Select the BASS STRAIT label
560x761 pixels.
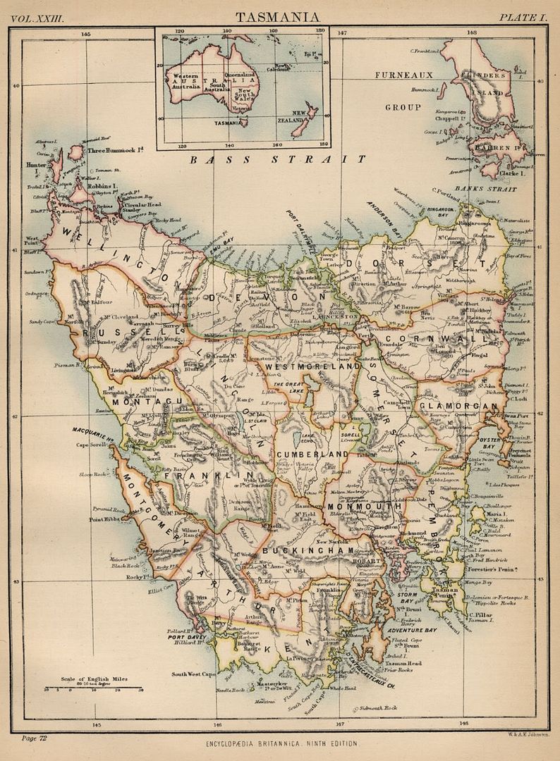pyautogui.click(x=277, y=159)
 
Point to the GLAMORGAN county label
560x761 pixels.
pyautogui.click(x=459, y=407)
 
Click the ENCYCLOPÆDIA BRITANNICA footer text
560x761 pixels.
pyautogui.click(x=281, y=743)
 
